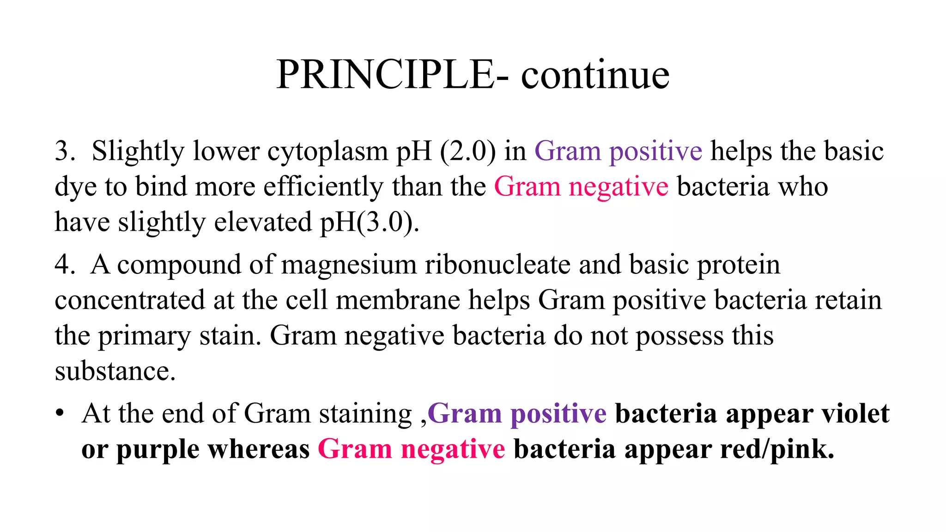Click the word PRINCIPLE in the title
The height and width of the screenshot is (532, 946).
tap(386, 75)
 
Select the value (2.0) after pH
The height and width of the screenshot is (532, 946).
tap(468, 151)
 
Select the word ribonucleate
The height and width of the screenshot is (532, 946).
tap(497, 265)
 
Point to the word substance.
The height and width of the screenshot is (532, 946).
tap(114, 371)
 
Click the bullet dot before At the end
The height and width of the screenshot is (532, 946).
tap(60, 413)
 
